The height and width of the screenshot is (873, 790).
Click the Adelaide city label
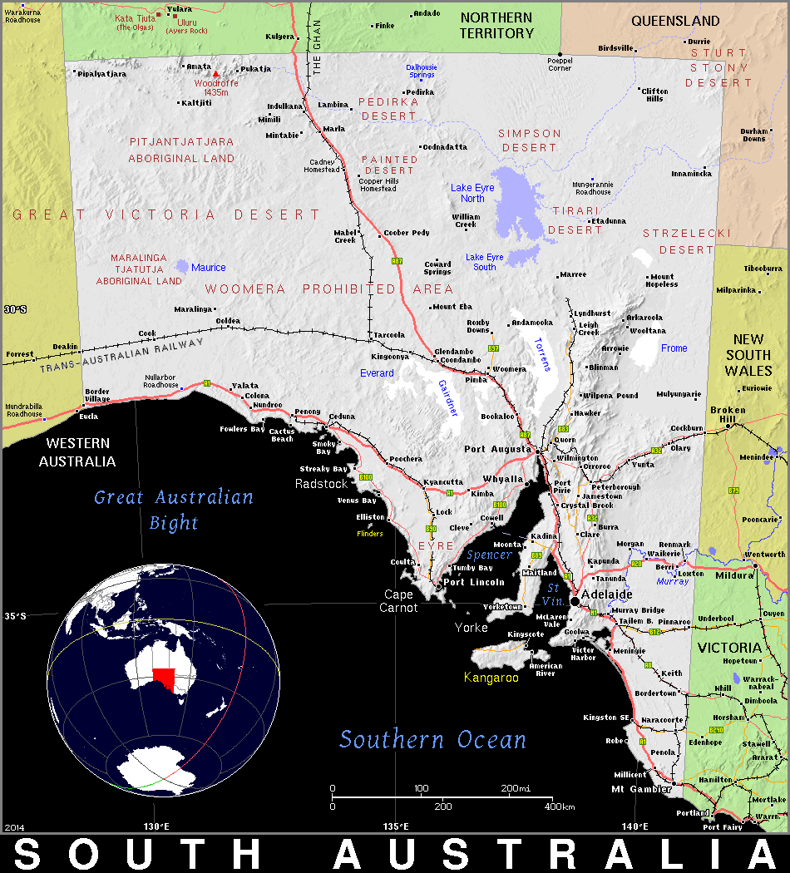click(x=607, y=594)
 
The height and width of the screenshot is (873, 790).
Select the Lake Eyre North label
click(x=472, y=193)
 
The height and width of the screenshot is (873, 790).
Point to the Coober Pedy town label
click(x=407, y=233)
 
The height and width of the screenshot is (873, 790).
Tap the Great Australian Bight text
click(x=174, y=509)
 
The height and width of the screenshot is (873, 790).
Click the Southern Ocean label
click(x=432, y=739)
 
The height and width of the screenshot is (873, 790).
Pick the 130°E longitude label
click(x=156, y=826)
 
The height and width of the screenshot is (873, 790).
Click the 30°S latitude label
click(x=15, y=309)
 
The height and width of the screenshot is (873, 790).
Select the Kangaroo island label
click(x=491, y=678)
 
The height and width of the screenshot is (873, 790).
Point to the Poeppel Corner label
click(x=560, y=64)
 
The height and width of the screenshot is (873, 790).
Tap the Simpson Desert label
click(x=530, y=140)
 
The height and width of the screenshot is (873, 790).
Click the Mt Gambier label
click(x=641, y=788)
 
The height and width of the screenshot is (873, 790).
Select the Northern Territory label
click(x=496, y=25)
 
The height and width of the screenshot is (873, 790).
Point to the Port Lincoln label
click(x=473, y=582)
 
